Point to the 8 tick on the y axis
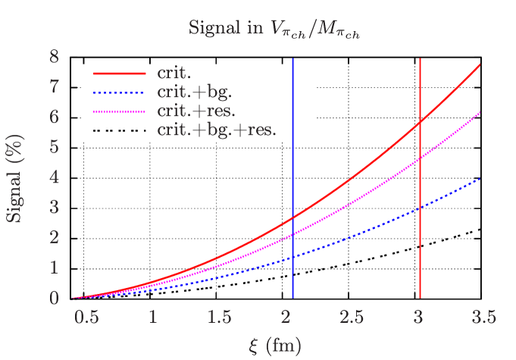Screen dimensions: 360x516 click(x=54, y=57)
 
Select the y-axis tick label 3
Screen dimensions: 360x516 click(x=54, y=207)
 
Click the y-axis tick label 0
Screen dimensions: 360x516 click(x=54, y=298)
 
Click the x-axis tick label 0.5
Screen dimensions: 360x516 click(x=86, y=318)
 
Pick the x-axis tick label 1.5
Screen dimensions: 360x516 click(x=219, y=318)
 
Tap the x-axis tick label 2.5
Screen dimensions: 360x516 click(x=352, y=318)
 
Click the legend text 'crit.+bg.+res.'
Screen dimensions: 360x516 click(x=216, y=130)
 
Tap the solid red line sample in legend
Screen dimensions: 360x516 click(x=120, y=74)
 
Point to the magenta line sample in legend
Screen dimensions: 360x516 click(x=120, y=111)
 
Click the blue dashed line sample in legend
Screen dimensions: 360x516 click(x=120, y=92)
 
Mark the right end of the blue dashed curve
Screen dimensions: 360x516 click(x=480, y=179)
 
